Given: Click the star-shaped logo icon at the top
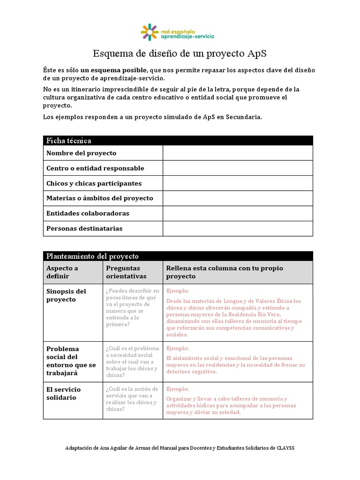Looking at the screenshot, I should pos(150,32).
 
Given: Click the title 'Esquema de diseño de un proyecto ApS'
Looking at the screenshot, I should pos(180,53).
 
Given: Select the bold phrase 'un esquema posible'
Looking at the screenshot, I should pos(107,70).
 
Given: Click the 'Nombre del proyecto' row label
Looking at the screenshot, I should pos(81,153).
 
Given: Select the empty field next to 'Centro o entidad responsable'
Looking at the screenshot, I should pos(237,168).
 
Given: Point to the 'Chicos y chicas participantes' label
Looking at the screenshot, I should pos(94,183).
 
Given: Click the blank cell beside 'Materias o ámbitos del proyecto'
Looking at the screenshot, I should pos(237,198).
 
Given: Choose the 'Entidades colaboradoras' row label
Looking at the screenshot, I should pos(88,213).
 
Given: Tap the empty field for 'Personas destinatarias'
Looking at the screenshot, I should pos(237,229).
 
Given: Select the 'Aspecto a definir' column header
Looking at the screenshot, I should pos(62,272).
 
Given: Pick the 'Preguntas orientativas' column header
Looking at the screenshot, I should pos(126,272).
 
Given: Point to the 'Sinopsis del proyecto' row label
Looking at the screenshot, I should pos(66,295).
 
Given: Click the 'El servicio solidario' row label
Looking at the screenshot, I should pos(63,393).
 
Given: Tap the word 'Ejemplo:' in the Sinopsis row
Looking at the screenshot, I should pos(178,291).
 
